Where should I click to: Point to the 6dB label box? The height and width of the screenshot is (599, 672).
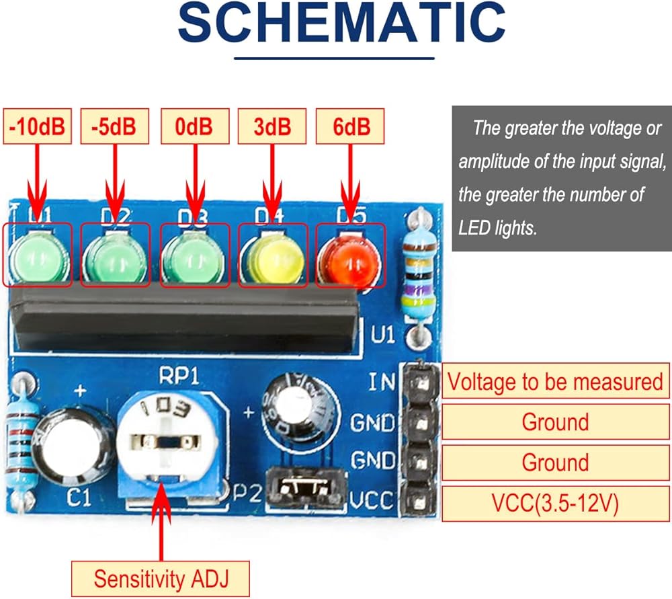click(x=351, y=126)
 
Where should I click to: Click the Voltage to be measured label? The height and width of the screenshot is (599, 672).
click(x=555, y=382)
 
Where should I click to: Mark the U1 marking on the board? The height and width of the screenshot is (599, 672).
click(x=384, y=334)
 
